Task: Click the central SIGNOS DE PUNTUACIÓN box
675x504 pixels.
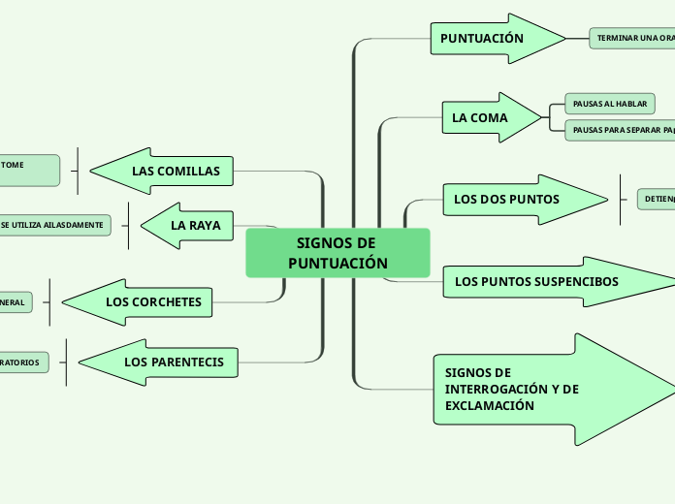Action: tap(337, 253)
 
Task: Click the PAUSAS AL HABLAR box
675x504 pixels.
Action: tap(610, 104)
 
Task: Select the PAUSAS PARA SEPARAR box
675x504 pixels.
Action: tap(622, 130)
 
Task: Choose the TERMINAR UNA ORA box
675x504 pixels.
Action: tap(632, 38)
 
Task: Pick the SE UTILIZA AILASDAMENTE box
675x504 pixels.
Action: tap(54, 225)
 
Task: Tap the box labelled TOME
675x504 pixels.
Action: tap(27, 170)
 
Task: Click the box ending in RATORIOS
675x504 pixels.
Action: tap(22, 362)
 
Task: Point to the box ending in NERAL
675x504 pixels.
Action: tap(15, 302)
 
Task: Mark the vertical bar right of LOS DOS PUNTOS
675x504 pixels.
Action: tap(620, 200)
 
